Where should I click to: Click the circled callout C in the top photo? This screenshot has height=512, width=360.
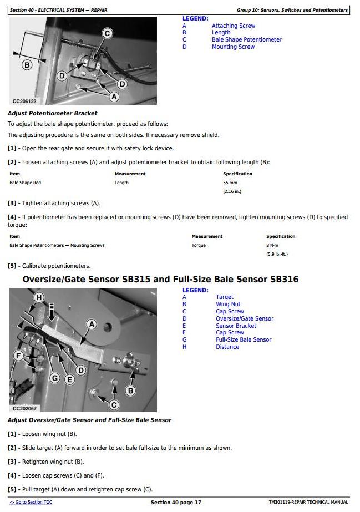[107, 33]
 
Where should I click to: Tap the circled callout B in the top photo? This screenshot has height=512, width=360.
[27, 65]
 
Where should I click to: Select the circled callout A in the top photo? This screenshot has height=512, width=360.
[114, 97]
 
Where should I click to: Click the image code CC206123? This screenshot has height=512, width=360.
[24, 102]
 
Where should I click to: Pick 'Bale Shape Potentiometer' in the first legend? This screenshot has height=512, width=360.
[246, 40]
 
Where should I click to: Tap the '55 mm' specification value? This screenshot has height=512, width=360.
[230, 183]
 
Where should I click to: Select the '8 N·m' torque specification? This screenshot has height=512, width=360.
[272, 245]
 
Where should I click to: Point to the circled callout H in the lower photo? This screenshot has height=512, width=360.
[39, 298]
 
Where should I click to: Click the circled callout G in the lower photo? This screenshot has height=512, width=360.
[54, 378]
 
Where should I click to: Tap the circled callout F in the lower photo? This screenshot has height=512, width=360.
[19, 356]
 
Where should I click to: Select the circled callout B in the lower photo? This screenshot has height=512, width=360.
[130, 391]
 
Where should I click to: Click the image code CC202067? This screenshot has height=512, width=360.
[24, 408]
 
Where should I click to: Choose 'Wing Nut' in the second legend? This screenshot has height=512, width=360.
[228, 305]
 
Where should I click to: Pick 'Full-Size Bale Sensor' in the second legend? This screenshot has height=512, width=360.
[244, 340]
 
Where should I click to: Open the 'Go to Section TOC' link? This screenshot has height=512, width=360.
[31, 503]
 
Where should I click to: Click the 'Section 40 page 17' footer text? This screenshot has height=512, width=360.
[176, 503]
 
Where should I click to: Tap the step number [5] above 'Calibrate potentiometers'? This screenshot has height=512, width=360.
[12, 266]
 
